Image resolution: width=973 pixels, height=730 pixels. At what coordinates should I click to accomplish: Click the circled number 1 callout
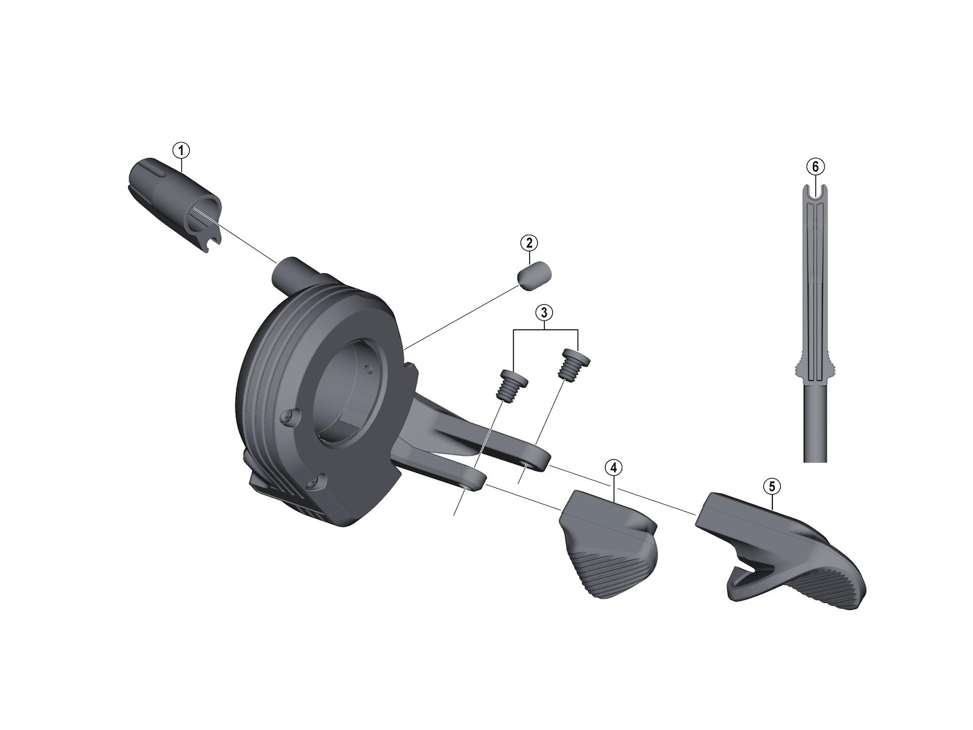pyautogui.click(x=181, y=151)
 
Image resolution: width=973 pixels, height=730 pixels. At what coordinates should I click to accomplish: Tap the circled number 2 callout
pyautogui.click(x=529, y=243)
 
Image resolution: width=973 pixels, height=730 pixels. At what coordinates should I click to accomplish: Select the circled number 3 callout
pyautogui.click(x=544, y=313)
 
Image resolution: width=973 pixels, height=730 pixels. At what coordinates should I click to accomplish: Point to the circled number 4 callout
pyautogui.click(x=614, y=467)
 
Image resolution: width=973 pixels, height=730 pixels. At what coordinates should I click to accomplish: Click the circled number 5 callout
pyautogui.click(x=772, y=487)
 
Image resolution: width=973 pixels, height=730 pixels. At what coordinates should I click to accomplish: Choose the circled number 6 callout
pyautogui.click(x=815, y=167)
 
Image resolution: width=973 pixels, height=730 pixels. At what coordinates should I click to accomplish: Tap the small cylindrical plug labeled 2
pyautogui.click(x=534, y=276)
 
